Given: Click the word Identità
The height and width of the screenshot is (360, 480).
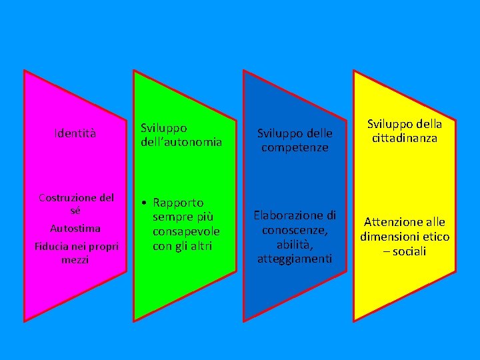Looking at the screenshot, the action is pyautogui.click(x=75, y=134).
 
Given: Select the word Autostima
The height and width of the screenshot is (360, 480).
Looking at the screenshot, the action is pyautogui.click(x=75, y=229).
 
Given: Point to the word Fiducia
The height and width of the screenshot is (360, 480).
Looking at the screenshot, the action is pyautogui.click(x=51, y=247).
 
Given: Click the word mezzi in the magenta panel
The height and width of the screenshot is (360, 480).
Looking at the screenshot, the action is pyautogui.click(x=75, y=259).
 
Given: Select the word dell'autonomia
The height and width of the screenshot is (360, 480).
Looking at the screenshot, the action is pyautogui.click(x=181, y=141).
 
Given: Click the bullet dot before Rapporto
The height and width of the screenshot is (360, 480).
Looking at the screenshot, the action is pyautogui.click(x=143, y=203).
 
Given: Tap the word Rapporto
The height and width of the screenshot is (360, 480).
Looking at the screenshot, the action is pyautogui.click(x=178, y=203).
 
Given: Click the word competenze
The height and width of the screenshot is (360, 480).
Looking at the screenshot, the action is pyautogui.click(x=295, y=147).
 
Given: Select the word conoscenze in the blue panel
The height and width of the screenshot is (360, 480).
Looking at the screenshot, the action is pyautogui.click(x=293, y=230).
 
